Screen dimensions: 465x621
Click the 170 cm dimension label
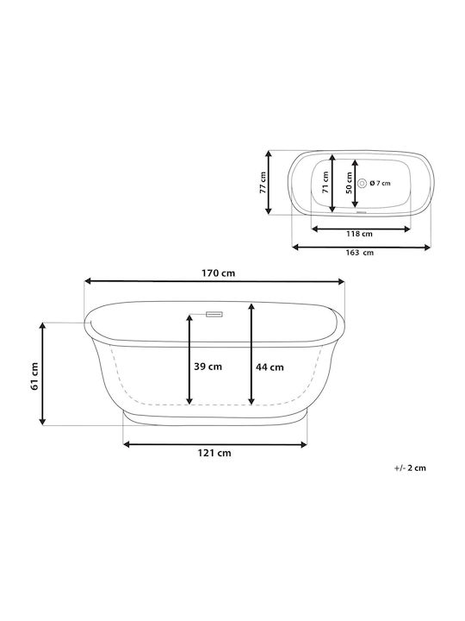[x=218, y=273]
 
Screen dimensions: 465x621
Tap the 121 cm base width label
[x=214, y=453]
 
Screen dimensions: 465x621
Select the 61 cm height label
[x=34, y=376]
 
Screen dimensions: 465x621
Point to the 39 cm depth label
[x=208, y=367]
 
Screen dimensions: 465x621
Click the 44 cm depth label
[x=270, y=367]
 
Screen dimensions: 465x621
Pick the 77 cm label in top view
[x=263, y=183]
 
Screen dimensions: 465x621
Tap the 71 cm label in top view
[x=325, y=183]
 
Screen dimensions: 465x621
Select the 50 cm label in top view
[x=349, y=183]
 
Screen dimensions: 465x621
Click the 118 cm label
[x=359, y=234]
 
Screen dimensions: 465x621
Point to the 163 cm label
[x=360, y=252]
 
